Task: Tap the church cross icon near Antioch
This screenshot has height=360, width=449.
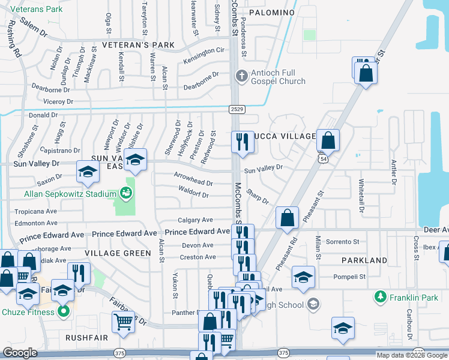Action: (241, 76)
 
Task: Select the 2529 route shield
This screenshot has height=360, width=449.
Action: (236, 109)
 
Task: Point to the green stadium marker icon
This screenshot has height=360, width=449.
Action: (125, 193)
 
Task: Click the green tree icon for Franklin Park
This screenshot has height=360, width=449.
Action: (380, 296)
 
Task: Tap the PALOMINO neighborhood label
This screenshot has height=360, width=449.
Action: (271, 13)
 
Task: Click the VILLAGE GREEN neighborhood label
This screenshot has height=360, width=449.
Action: (118, 253)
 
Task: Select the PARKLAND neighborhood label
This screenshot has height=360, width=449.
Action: (364, 260)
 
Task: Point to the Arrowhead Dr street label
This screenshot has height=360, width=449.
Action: (193, 182)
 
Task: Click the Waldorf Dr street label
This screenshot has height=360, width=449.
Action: (193, 194)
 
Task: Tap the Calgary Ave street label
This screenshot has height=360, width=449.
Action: (196, 220)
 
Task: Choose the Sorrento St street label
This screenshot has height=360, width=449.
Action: (342, 242)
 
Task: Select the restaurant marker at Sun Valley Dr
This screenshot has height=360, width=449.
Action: (242, 142)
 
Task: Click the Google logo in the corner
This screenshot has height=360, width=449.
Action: (20, 352)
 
